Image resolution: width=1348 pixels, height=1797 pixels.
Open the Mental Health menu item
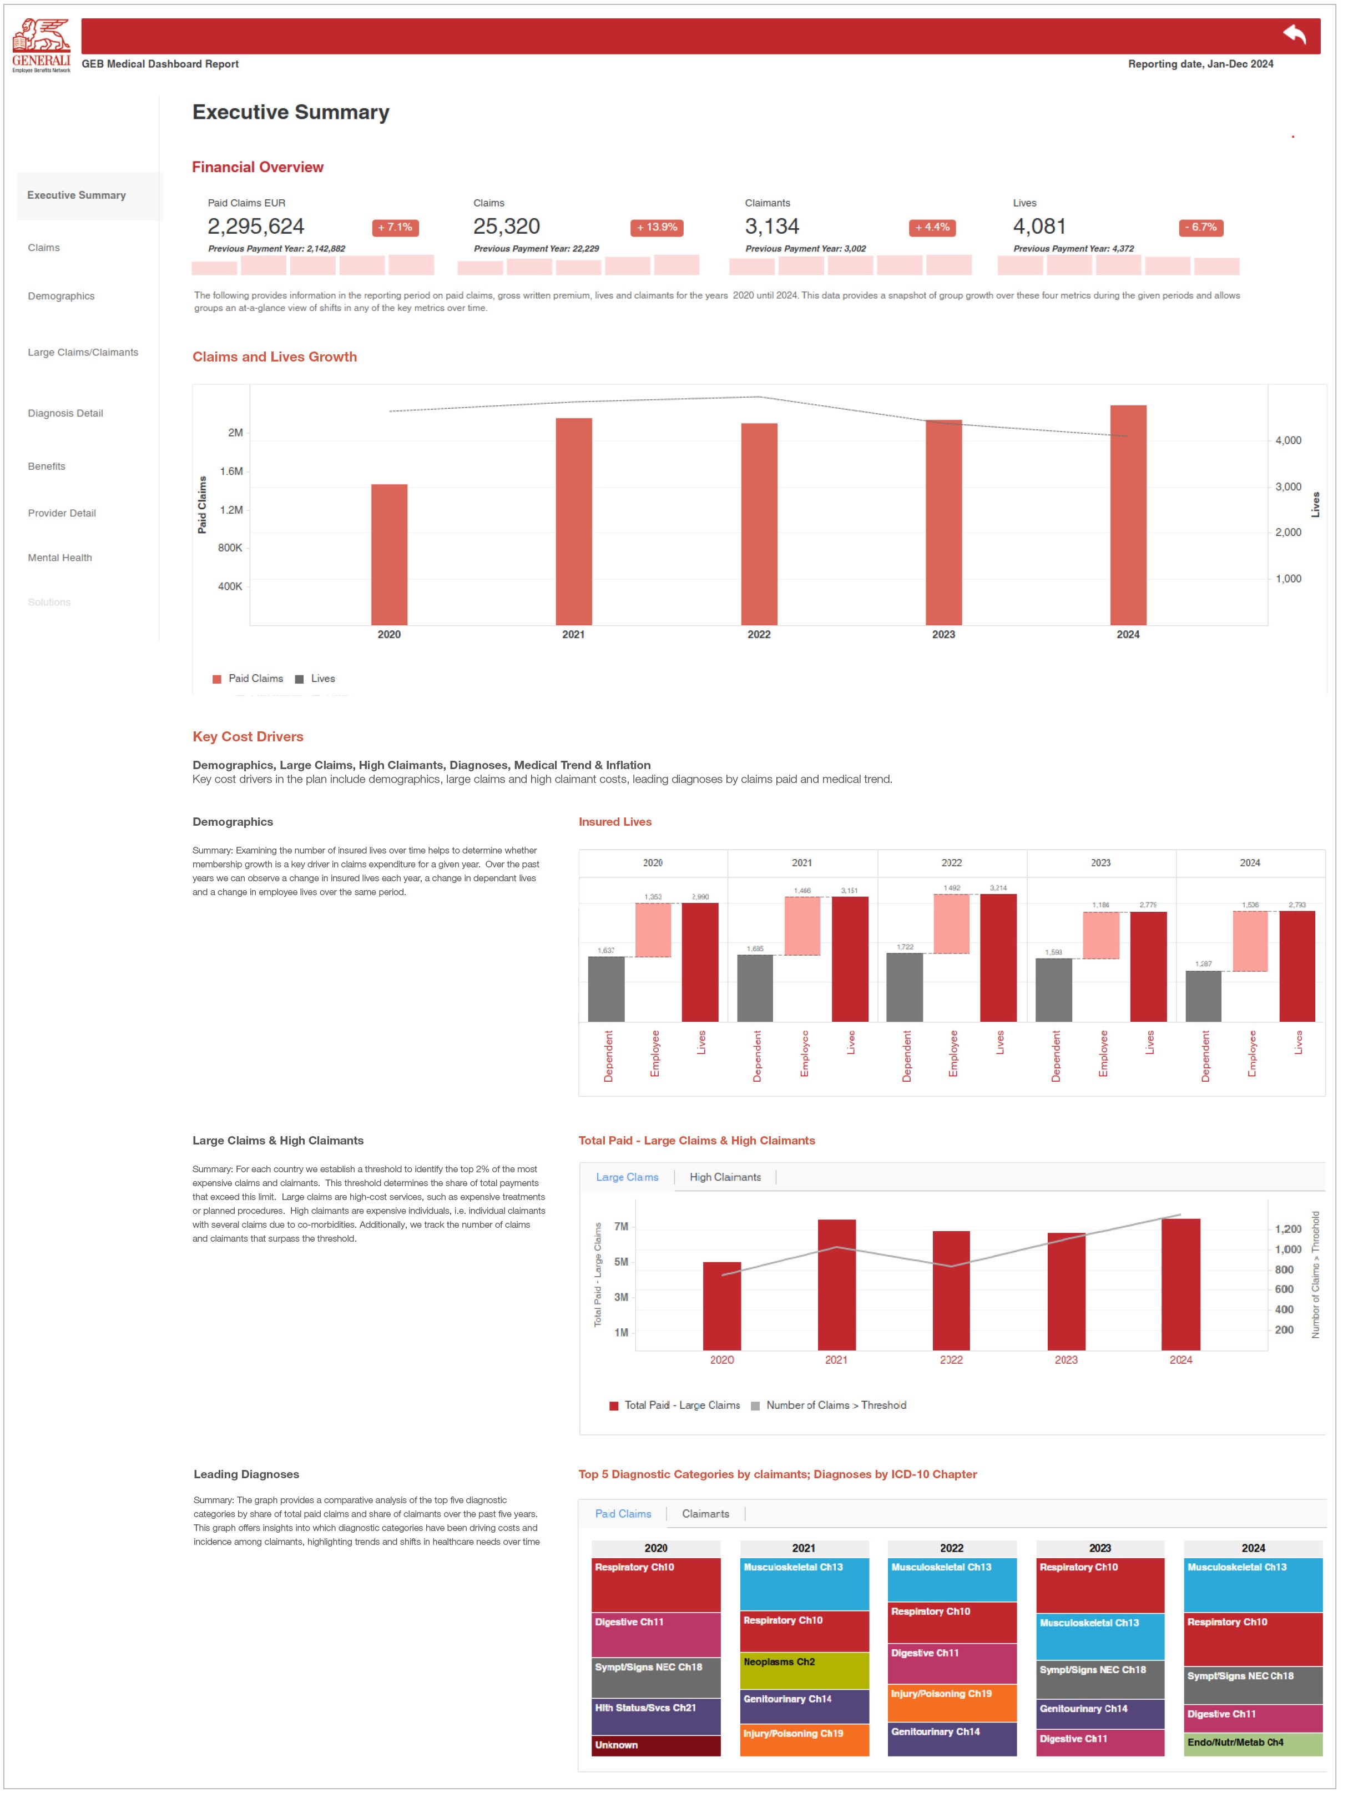(x=60, y=558)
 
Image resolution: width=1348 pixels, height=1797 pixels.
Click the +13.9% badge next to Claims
(x=656, y=228)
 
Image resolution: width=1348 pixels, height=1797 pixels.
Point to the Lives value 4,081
(x=1039, y=227)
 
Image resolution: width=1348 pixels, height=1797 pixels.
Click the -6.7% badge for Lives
(x=1200, y=228)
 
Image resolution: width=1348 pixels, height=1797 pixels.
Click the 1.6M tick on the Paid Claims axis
(x=231, y=471)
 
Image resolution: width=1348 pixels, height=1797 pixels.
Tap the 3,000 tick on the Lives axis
(x=1288, y=486)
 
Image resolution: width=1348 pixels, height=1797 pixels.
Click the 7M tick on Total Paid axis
(x=620, y=1227)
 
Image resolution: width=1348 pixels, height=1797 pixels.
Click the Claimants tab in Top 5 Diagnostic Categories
(x=705, y=1514)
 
